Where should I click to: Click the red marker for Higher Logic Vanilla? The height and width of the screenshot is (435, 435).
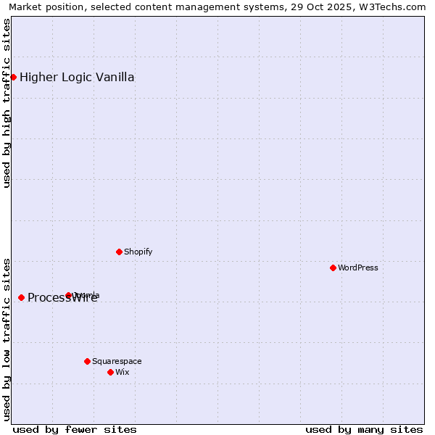13,77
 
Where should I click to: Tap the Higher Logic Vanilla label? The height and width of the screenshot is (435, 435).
77,78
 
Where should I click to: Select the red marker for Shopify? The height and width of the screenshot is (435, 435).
119,252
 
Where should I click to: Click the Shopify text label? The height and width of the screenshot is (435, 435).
138,252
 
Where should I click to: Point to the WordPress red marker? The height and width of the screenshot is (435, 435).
333,268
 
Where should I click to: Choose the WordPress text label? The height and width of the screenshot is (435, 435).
358,268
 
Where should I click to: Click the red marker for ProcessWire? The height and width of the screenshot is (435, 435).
21,297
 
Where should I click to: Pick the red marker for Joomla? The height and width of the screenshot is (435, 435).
68,295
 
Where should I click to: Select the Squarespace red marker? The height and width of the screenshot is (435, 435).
87,361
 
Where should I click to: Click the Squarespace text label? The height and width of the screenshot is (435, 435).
117,361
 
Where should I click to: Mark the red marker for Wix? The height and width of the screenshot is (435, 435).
110,372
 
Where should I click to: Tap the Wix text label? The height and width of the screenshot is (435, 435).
122,372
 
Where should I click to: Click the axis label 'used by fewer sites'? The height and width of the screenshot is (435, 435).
74,429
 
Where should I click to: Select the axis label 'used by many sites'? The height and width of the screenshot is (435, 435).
364,429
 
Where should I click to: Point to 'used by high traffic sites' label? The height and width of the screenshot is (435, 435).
7,103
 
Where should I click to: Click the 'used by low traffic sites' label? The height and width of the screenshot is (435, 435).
7,339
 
